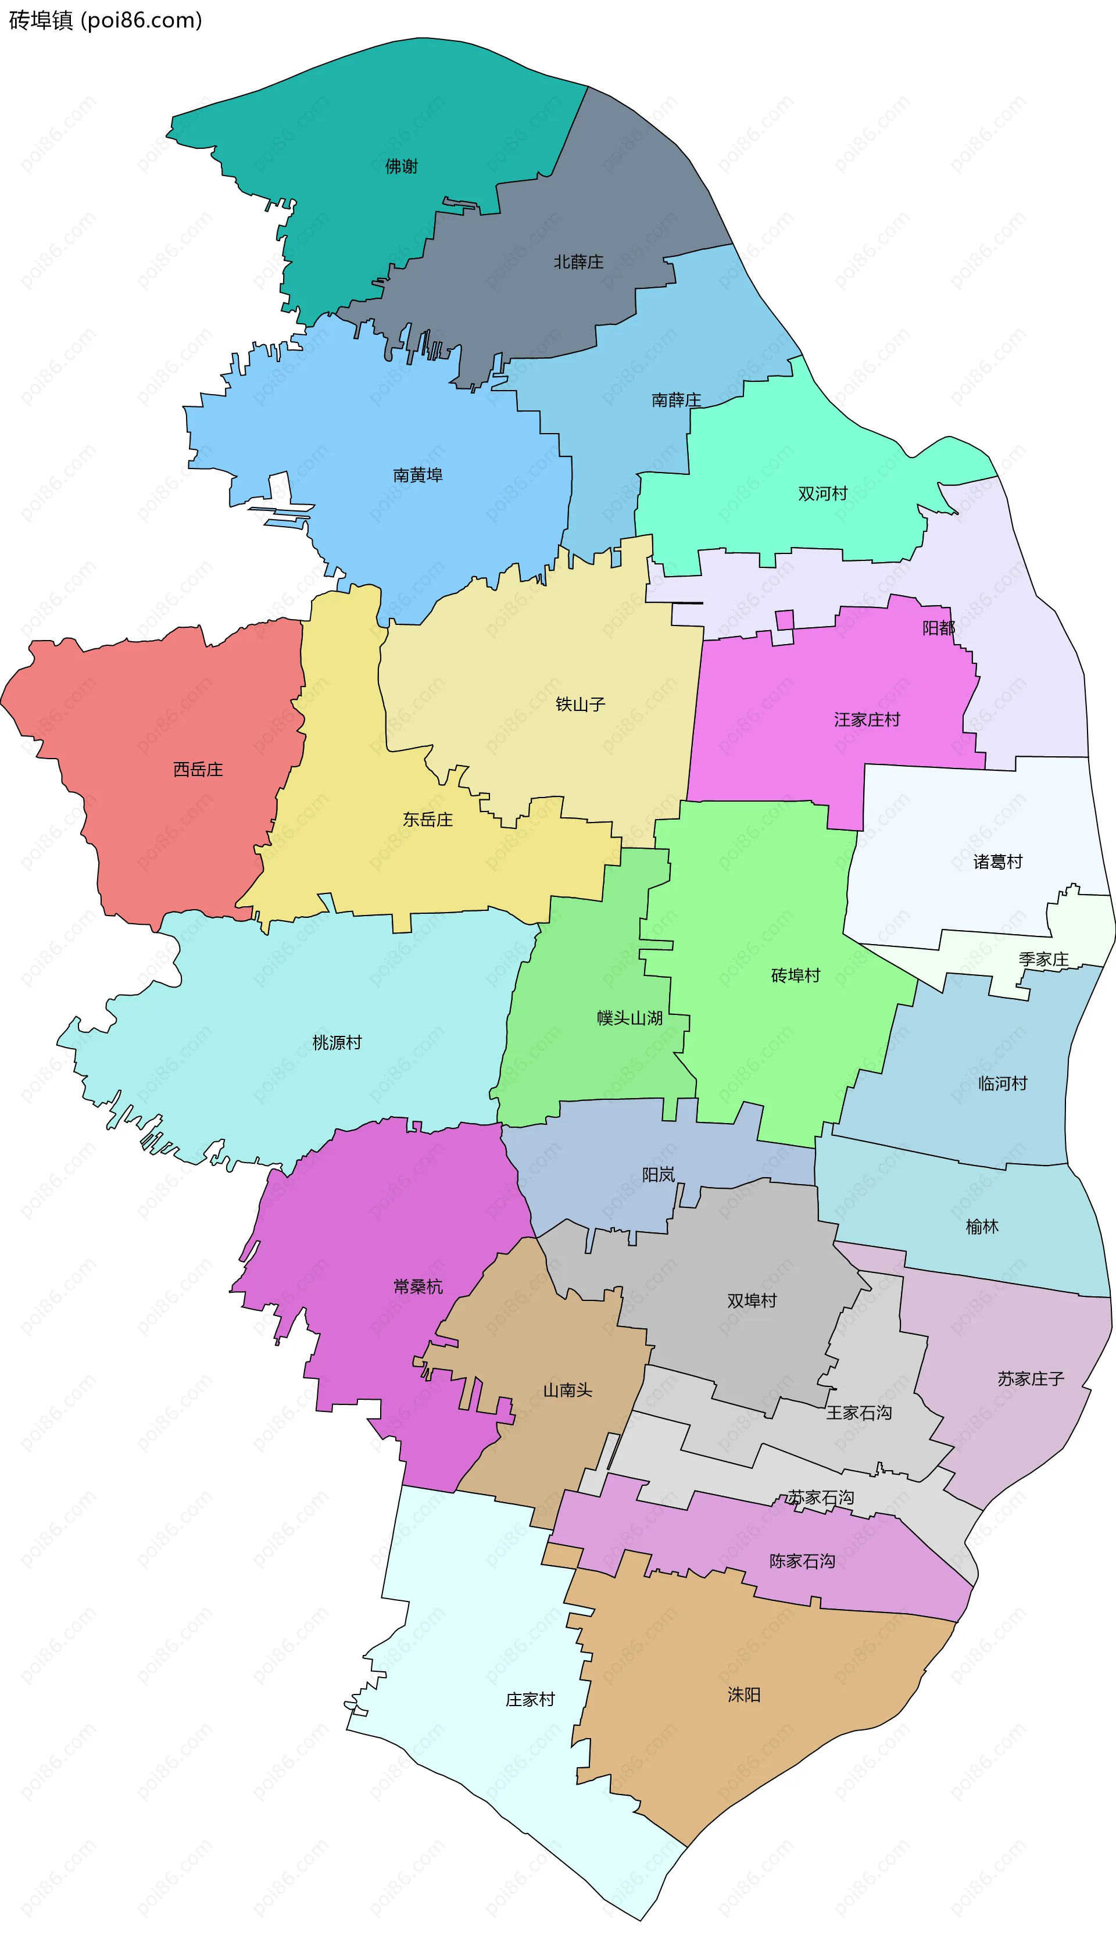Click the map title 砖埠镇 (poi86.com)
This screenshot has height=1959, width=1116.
pyautogui.click(x=105, y=20)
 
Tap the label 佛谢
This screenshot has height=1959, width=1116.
pyautogui.click(x=401, y=166)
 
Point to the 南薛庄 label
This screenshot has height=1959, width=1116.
pyautogui.click(x=676, y=400)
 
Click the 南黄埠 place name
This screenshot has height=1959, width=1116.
pyautogui.click(x=418, y=475)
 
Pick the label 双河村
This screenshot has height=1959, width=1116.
pyautogui.click(x=822, y=494)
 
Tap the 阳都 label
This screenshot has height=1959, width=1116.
pyautogui.click(x=938, y=628)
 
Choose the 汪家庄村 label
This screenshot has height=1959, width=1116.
pyautogui.click(x=867, y=720)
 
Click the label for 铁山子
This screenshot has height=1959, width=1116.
pyautogui.click(x=580, y=705)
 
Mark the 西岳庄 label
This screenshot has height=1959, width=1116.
pyautogui.click(x=198, y=770)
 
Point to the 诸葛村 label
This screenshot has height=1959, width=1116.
pyautogui.click(x=998, y=862)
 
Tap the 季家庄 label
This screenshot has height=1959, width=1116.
pyautogui.click(x=1043, y=960)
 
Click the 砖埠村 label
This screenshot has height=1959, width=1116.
pyautogui.click(x=796, y=975)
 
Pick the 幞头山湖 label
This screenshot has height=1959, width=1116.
pyautogui.click(x=629, y=1018)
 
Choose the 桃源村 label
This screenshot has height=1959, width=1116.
pyautogui.click(x=337, y=1042)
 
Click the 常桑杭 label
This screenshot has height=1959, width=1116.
pyautogui.click(x=418, y=1287)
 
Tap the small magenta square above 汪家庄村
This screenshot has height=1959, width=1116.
pyautogui.click(x=784, y=619)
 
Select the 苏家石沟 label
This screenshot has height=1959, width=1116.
pyautogui.click(x=821, y=1497)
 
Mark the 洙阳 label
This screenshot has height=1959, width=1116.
pyautogui.click(x=743, y=1695)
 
